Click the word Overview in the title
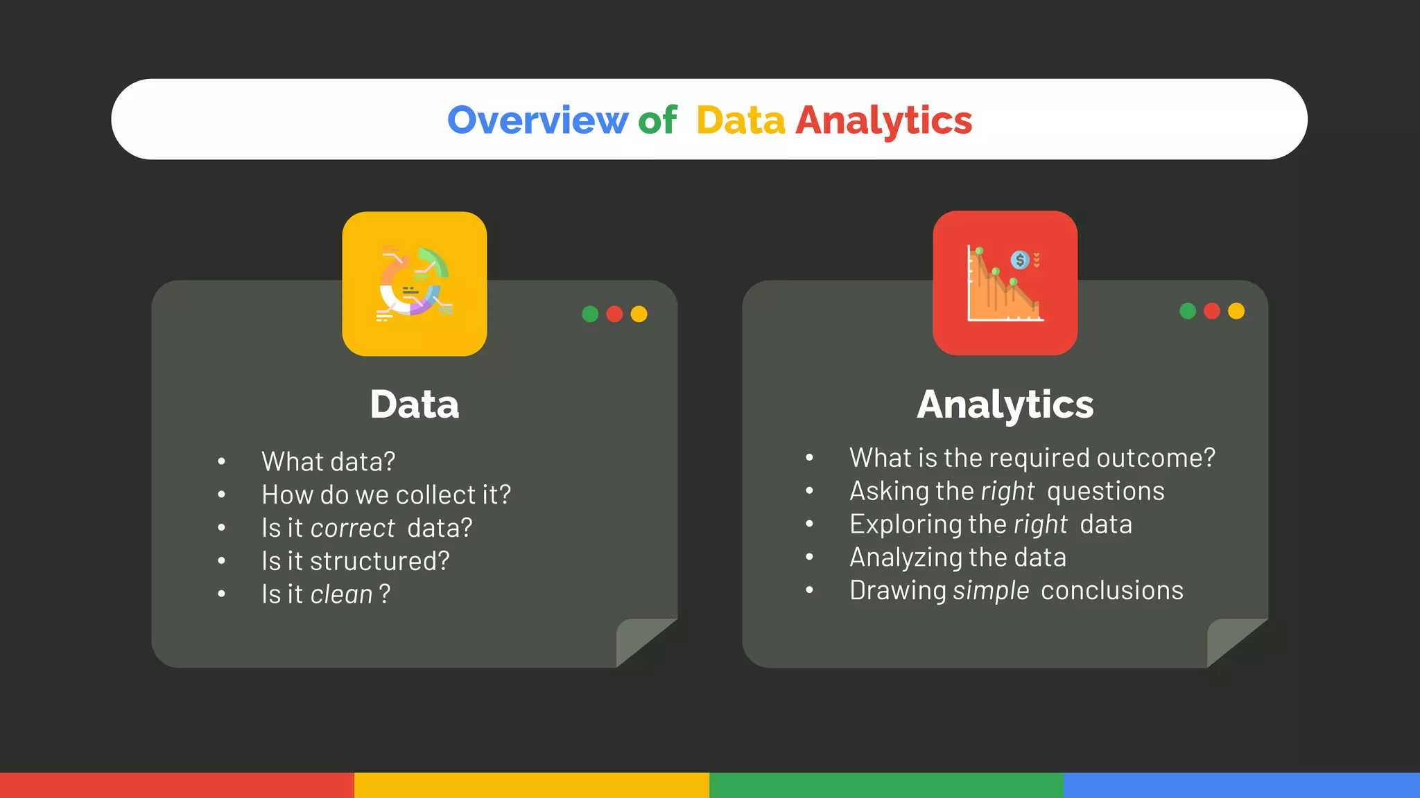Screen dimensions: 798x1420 pyautogui.click(x=537, y=121)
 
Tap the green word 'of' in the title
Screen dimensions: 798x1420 pyautogui.click(x=657, y=121)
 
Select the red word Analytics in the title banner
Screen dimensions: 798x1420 pyautogui.click(x=883, y=121)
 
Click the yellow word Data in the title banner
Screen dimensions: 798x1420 pyautogui.click(x=741, y=121)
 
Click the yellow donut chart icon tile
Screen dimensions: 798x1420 pyautogui.click(x=415, y=284)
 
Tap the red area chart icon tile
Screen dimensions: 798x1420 pyautogui.click(x=1005, y=283)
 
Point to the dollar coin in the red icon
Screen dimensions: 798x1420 pyautogui.click(x=1020, y=260)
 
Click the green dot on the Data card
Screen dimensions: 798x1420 pyautogui.click(x=590, y=314)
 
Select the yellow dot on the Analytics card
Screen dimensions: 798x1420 pyautogui.click(x=1236, y=311)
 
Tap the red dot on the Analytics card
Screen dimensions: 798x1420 pyautogui.click(x=1212, y=311)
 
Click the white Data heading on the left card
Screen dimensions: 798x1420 pyautogui.click(x=414, y=405)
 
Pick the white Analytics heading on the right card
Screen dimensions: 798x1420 pyautogui.click(x=1005, y=405)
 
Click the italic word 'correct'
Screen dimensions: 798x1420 pyautogui.click(x=353, y=529)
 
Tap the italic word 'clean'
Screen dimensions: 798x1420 pyautogui.click(x=342, y=594)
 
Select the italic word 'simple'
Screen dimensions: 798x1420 pyautogui.click(x=991, y=591)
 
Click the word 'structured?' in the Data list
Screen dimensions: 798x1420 pyautogui.click(x=379, y=561)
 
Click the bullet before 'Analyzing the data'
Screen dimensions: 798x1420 pyautogui.click(x=809, y=557)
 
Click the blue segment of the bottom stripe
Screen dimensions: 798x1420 pyautogui.click(x=1241, y=785)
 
